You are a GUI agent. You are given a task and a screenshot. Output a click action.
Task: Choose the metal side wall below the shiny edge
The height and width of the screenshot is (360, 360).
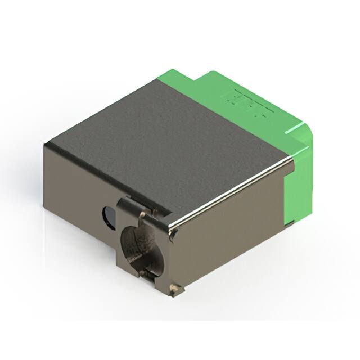236,236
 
